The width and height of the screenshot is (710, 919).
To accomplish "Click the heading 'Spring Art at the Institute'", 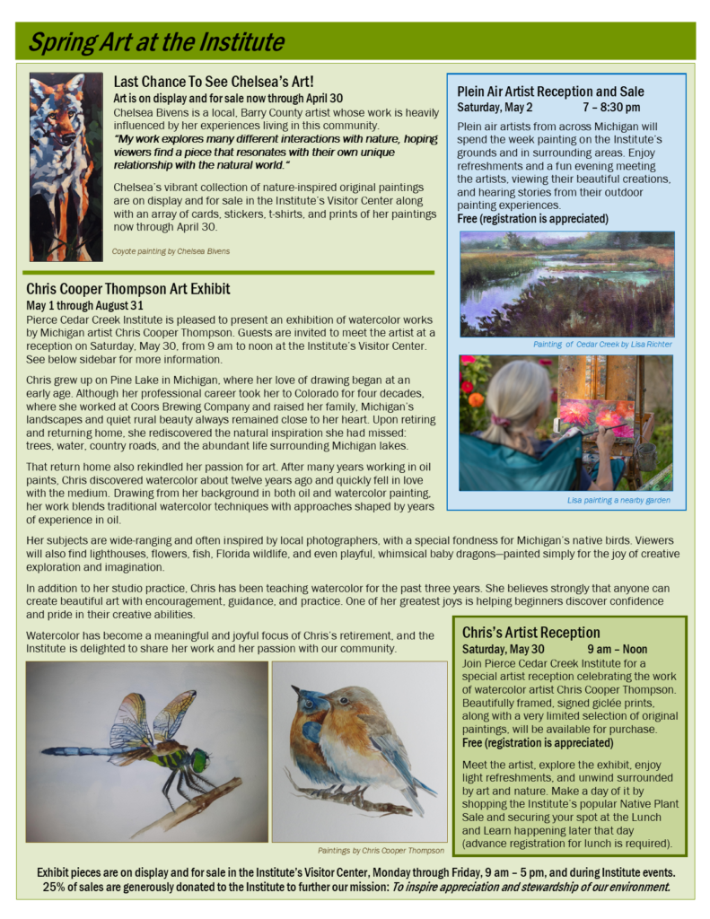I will (x=156, y=42).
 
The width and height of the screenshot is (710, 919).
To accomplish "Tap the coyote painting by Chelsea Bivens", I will (x=66, y=166).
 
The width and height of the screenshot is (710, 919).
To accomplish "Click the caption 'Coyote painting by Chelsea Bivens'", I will (x=171, y=251).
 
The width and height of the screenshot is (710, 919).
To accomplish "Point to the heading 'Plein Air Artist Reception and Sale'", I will (x=550, y=92).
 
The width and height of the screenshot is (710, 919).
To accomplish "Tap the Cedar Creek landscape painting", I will (x=566, y=284).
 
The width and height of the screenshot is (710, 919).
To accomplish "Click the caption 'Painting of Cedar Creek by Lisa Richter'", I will (x=602, y=344).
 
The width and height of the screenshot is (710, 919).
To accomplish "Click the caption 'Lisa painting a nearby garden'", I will (x=618, y=500).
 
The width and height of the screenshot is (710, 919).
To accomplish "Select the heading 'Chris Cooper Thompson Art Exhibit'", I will (x=128, y=289).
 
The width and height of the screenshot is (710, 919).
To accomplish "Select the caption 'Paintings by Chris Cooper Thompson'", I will (x=381, y=850).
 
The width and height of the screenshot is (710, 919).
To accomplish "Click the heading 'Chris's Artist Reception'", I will (x=531, y=633).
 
